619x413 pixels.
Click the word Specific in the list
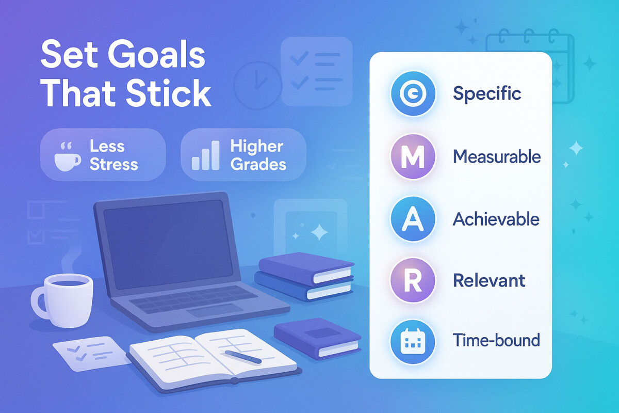pyautogui.click(x=486, y=94)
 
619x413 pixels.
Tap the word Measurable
pyautogui.click(x=497, y=156)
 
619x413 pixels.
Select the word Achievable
pyautogui.click(x=496, y=219)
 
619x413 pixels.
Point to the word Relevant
pyautogui.click(x=489, y=281)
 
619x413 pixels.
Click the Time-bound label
pyautogui.click(x=496, y=341)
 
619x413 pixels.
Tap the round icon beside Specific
pyautogui.click(x=413, y=94)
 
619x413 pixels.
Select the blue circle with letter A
pyautogui.click(x=413, y=219)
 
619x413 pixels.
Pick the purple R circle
pyautogui.click(x=413, y=281)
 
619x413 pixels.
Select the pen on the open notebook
pyautogui.click(x=242, y=357)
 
